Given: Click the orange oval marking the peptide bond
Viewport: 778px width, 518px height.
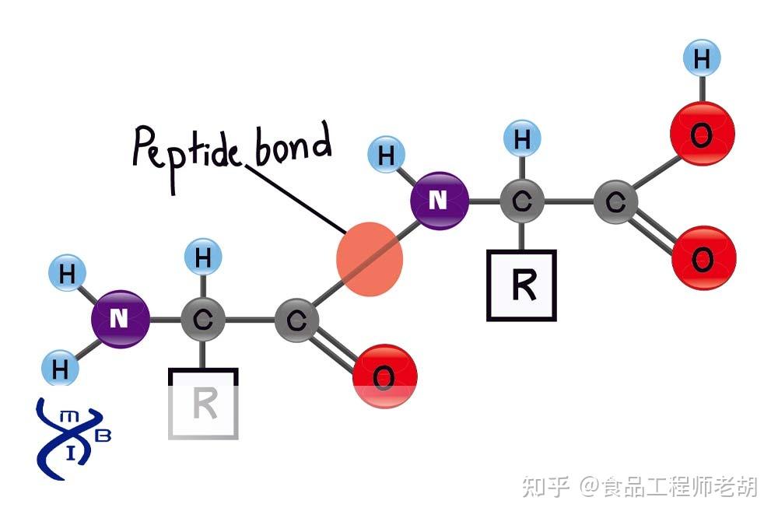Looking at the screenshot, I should click(370, 259).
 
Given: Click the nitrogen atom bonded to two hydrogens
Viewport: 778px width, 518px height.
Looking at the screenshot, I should click(120, 318).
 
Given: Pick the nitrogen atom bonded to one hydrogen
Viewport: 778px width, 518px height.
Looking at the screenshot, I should click(439, 201).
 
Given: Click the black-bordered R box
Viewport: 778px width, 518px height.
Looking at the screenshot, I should click(521, 285).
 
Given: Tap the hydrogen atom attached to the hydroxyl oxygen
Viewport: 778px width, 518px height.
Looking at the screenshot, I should click(701, 58).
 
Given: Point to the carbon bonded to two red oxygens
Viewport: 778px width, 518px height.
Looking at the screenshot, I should click(615, 203).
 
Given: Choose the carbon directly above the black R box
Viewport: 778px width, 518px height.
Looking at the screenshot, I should click(522, 202).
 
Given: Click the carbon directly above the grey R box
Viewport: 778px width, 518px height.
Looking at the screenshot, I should click(202, 319).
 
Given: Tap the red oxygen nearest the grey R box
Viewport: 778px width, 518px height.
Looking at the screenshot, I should click(384, 376).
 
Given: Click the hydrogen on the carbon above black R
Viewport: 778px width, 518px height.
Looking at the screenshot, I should click(522, 141).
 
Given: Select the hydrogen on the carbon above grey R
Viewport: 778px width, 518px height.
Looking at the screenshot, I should click(203, 257).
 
